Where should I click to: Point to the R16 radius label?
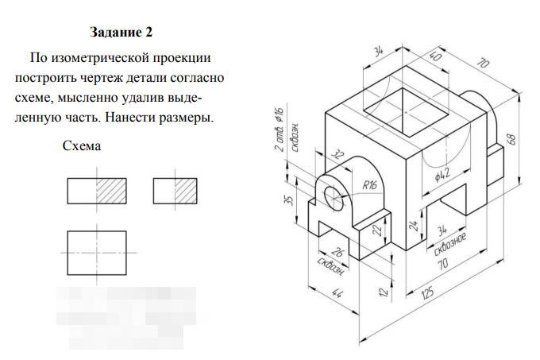tap(369, 185)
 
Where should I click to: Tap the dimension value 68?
tap(512, 137)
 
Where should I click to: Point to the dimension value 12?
tap(384, 292)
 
